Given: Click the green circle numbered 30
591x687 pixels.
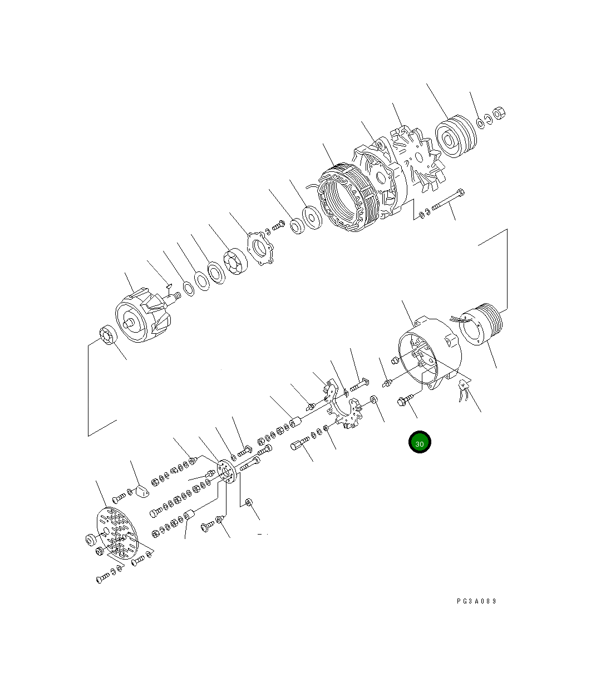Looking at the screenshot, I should (420, 443).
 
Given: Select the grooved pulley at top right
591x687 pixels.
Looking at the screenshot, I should (455, 137).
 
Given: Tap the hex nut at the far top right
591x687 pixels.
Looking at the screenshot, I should (499, 113).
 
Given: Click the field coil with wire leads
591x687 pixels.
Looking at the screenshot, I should (480, 327).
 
